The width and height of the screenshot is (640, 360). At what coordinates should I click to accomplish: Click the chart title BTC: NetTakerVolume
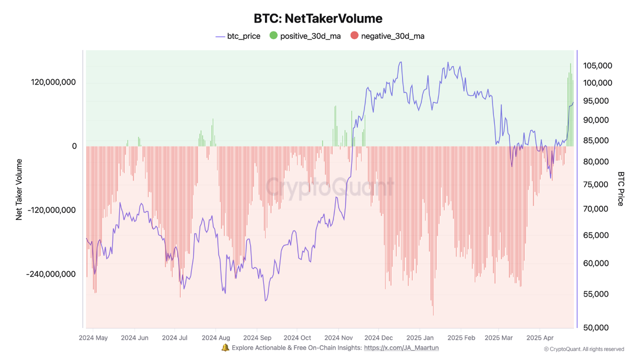[318, 18]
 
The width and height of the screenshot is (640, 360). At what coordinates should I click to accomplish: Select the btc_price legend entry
[237, 36]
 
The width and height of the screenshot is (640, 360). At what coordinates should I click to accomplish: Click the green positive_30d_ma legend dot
[273, 35]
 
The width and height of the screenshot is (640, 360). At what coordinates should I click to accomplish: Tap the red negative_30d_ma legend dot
[354, 35]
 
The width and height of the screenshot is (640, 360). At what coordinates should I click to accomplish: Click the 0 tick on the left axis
[74, 146]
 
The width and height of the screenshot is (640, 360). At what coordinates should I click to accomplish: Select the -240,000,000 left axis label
[51, 274]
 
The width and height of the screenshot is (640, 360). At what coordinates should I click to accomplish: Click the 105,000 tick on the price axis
[597, 65]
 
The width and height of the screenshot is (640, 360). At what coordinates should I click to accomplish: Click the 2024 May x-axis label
[93, 337]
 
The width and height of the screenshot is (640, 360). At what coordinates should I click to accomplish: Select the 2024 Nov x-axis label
[338, 337]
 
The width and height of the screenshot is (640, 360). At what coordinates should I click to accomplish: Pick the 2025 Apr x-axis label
[540, 337]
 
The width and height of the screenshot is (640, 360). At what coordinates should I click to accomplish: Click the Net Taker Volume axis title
[19, 189]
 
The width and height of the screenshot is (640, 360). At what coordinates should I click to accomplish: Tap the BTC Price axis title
[620, 189]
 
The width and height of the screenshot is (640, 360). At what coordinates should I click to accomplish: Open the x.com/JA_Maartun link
[401, 347]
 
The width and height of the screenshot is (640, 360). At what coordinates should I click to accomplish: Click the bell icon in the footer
[225, 347]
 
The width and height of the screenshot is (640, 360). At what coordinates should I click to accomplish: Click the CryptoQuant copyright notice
[583, 349]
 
